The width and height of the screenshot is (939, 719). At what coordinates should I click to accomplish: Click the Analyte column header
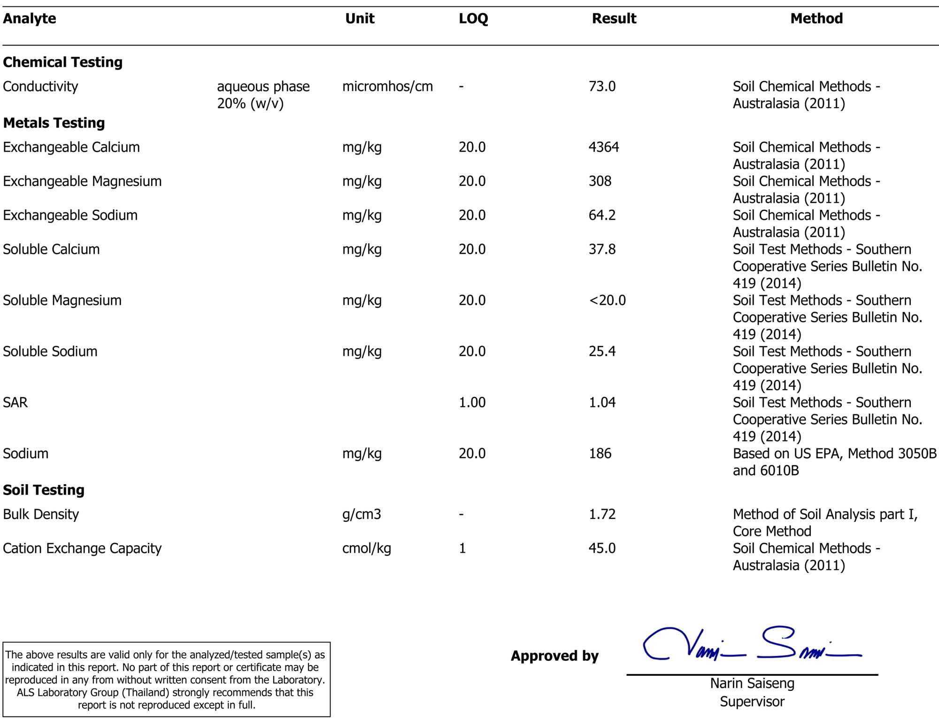point(30,19)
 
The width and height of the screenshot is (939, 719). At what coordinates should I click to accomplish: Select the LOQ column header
point(473,19)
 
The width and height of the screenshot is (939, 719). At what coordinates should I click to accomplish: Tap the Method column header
point(816,19)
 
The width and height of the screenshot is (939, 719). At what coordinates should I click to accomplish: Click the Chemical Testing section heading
point(62,62)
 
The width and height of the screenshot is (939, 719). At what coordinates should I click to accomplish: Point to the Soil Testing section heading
point(44,490)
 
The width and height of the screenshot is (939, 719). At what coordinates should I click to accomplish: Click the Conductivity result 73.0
point(602,87)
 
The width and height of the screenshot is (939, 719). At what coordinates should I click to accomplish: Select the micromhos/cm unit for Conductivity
point(387,87)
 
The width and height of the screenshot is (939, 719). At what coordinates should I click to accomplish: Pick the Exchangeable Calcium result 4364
point(604,147)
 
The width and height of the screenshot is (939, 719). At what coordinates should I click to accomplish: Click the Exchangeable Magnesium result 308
point(600,182)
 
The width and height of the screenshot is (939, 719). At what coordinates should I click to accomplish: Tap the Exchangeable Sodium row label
point(70,216)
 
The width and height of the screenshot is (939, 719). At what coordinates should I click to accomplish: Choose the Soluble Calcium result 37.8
point(602,250)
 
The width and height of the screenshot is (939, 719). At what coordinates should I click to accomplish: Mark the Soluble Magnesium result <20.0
point(607,301)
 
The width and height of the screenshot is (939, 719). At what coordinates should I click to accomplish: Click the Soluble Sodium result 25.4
point(602,352)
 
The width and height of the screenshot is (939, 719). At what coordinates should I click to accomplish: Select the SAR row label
point(15,403)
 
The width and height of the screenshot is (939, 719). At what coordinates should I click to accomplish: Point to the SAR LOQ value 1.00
point(472,403)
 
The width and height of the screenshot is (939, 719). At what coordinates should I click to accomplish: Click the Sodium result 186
point(600,454)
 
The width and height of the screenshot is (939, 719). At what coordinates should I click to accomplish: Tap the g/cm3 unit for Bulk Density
point(362,515)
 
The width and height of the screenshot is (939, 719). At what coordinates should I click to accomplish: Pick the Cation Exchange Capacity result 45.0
point(602,549)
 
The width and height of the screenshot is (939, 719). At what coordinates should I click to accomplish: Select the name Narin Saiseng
point(752,684)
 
